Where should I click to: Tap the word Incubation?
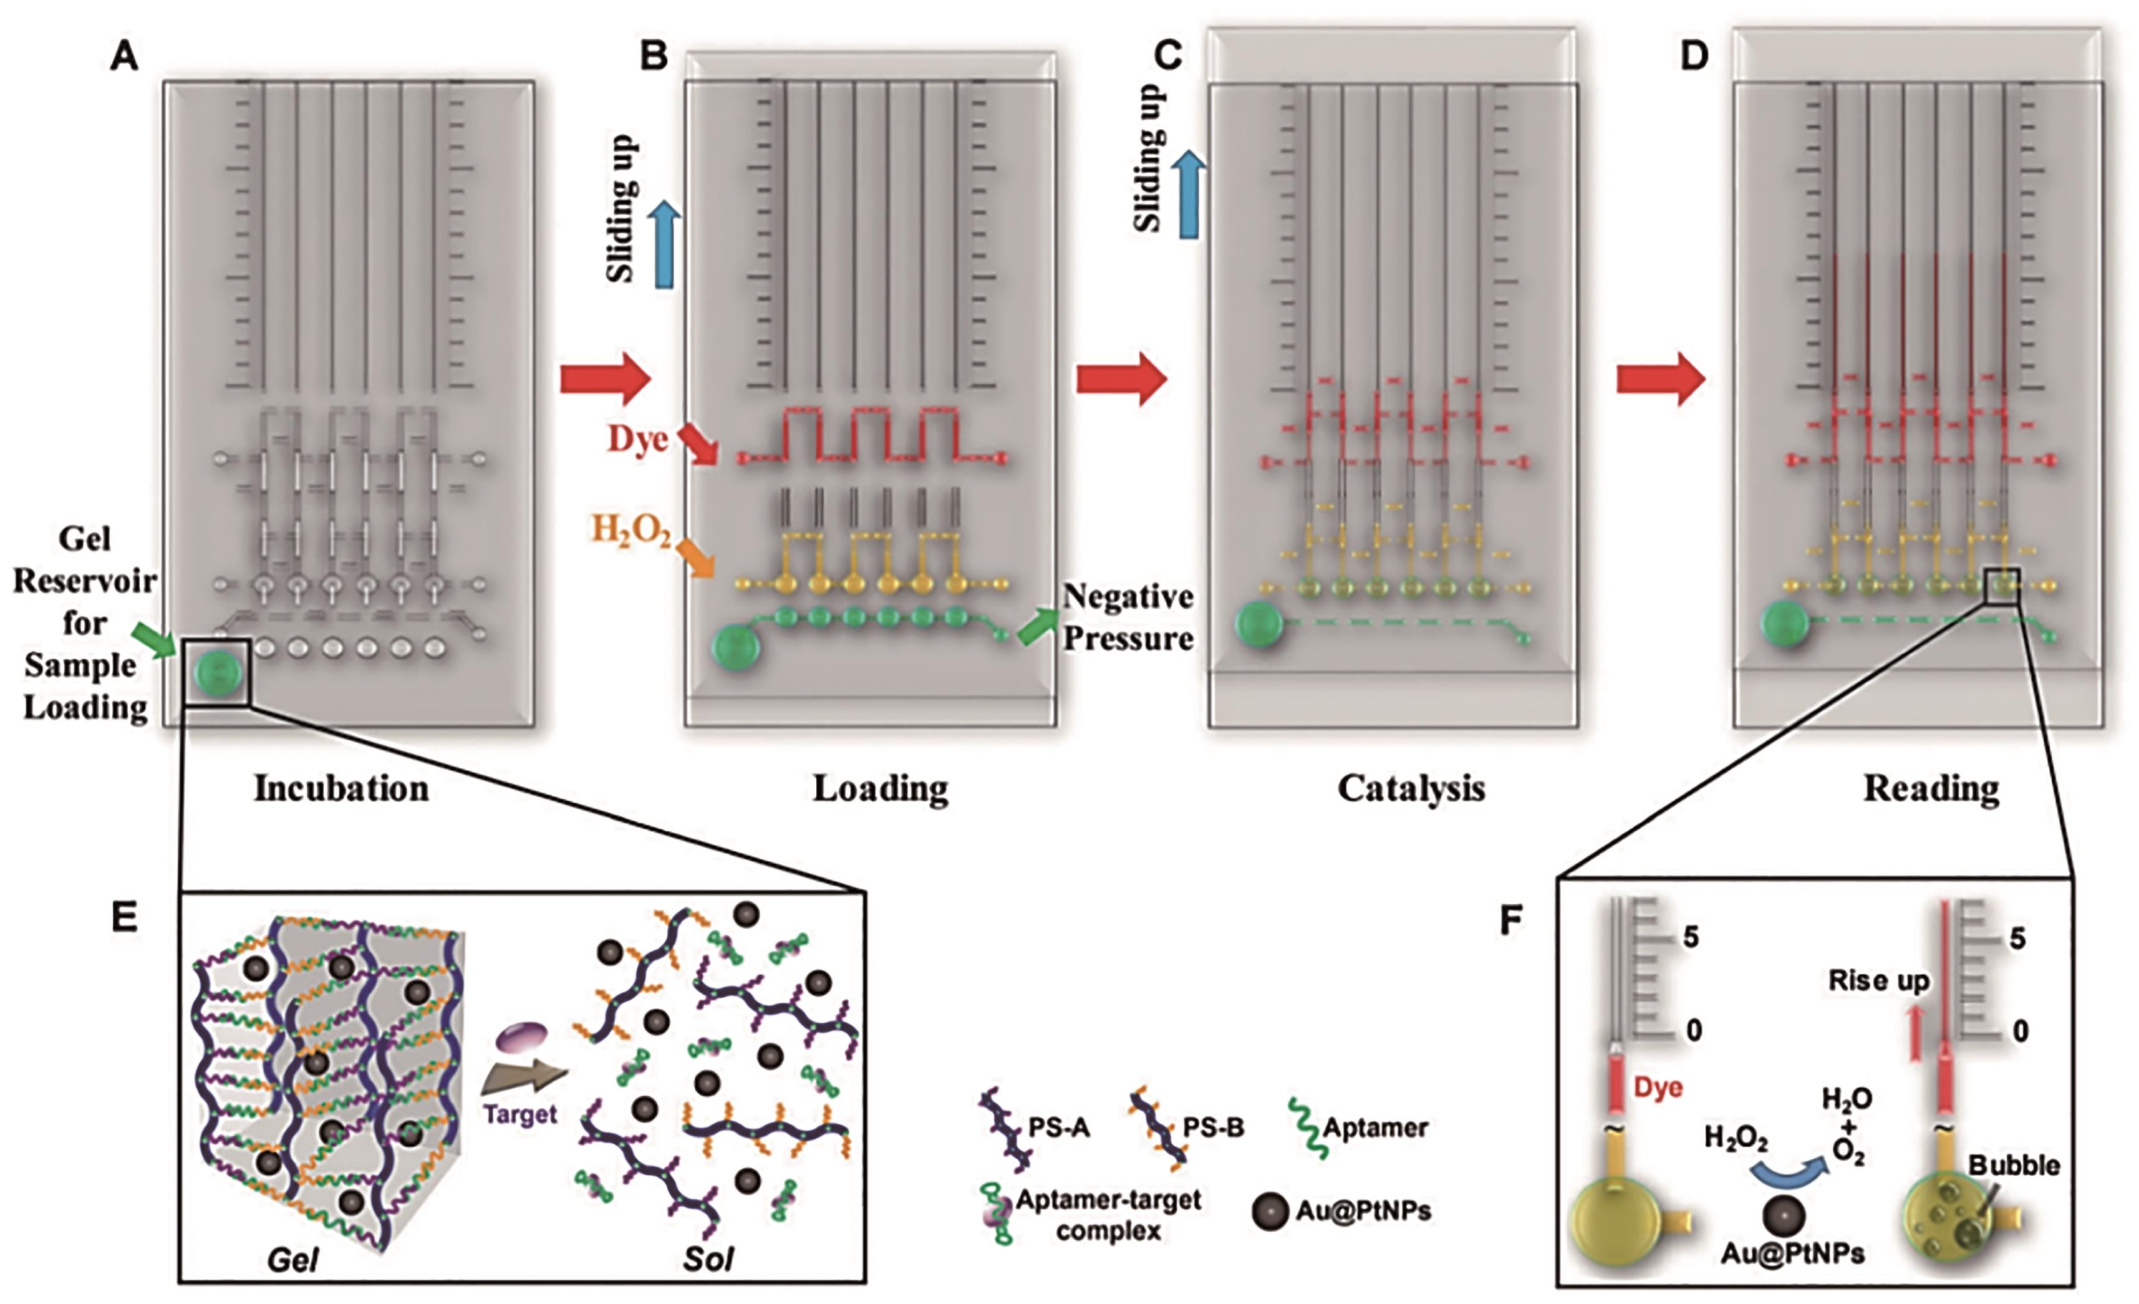(341, 788)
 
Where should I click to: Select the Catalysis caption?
(1411, 788)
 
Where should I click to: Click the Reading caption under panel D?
(1931, 788)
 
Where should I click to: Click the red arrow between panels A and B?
(605, 379)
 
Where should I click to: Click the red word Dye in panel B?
(637, 438)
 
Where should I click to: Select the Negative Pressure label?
(1127, 617)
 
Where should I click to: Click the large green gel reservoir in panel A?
(216, 673)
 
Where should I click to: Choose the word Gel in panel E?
(292, 1260)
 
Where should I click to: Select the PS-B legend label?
(1213, 1128)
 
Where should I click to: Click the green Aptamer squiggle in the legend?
(1303, 1128)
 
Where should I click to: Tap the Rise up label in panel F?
(1878, 981)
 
